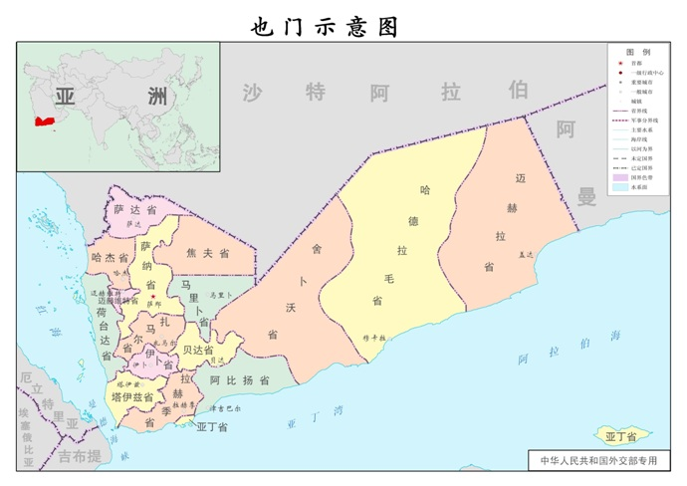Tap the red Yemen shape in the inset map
coord(44,121)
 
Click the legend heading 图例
coord(637,51)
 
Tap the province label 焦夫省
coord(207,254)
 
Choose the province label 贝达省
coord(197,350)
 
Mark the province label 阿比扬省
coord(240,380)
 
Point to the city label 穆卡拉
coord(373,338)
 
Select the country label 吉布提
coord(79,456)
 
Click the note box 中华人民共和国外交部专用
coord(599,461)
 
